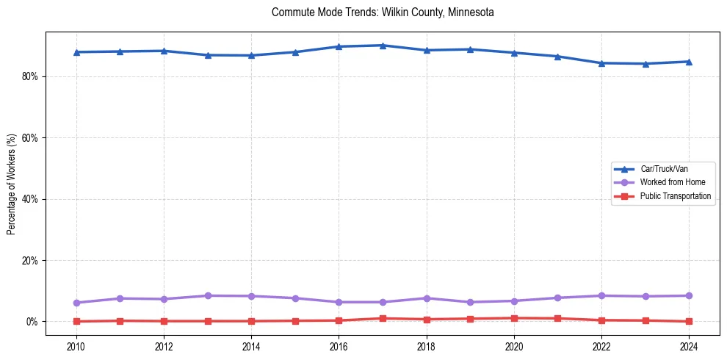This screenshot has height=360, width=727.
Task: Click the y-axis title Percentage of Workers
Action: (x=12, y=184)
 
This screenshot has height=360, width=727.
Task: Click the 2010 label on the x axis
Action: (x=76, y=345)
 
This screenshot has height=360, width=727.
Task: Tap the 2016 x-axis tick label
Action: (x=339, y=345)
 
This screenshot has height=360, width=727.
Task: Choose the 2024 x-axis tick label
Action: (x=689, y=345)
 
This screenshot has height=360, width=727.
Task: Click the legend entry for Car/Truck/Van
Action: (x=664, y=169)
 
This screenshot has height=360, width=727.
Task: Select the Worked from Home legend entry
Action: (x=669, y=182)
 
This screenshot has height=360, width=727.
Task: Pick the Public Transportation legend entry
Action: (x=675, y=196)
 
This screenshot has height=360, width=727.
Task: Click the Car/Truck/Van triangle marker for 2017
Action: (x=383, y=46)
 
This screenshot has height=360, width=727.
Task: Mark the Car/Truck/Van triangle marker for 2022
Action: (x=601, y=63)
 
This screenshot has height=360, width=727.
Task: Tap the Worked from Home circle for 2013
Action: (x=208, y=295)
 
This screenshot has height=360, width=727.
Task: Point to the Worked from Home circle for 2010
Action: (x=76, y=303)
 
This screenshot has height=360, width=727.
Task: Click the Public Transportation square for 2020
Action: (x=514, y=318)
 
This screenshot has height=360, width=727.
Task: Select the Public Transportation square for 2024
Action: (x=689, y=321)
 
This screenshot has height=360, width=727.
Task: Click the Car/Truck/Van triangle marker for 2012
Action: (x=164, y=51)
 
